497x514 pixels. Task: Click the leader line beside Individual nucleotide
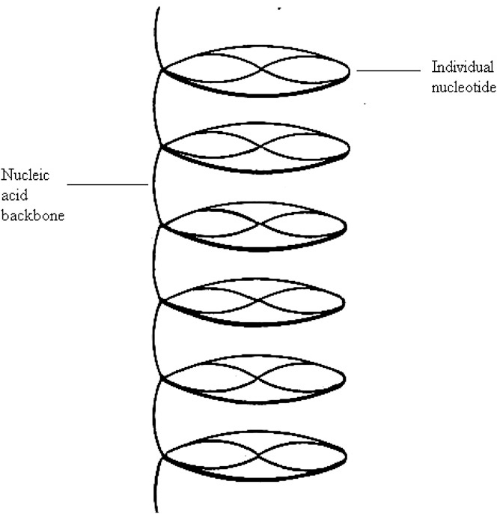[x=388, y=70]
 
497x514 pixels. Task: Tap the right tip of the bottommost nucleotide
[x=347, y=455]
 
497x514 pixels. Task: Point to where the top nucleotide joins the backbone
[x=162, y=71]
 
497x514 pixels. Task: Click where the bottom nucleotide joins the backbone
[x=162, y=453]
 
